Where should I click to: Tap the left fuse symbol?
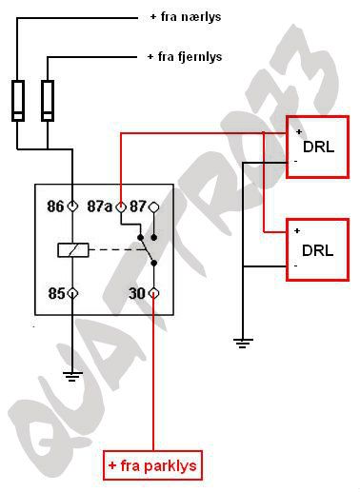(x=18, y=100)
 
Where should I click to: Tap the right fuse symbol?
(x=49, y=100)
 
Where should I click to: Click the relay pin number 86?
(x=54, y=206)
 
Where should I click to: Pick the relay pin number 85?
(x=54, y=294)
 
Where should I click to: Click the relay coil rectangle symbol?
(x=73, y=250)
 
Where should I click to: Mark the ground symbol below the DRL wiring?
(x=244, y=340)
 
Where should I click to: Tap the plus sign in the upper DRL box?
(x=298, y=130)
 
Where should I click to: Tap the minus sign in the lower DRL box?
(x=297, y=266)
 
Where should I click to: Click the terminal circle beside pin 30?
(x=153, y=294)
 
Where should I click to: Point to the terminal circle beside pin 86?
(x=72, y=206)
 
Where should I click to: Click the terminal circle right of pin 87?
(x=153, y=206)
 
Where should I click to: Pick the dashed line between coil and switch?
(x=115, y=250)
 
